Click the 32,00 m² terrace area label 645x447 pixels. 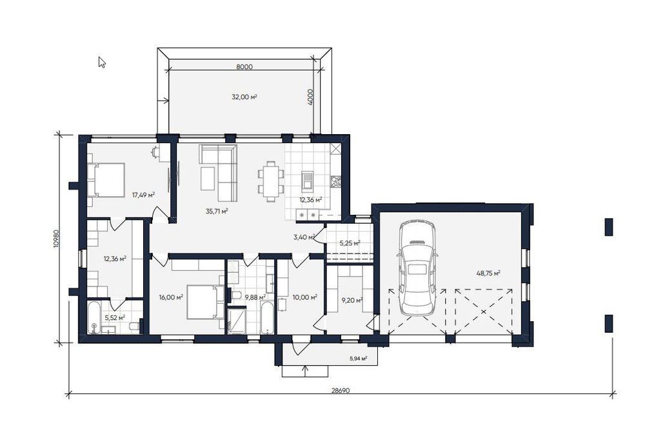point(244,97)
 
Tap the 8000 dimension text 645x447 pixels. point(244,66)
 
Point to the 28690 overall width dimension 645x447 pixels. point(340,391)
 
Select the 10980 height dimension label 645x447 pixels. point(57,238)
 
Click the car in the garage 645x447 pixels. point(417,268)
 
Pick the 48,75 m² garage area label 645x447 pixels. point(488,273)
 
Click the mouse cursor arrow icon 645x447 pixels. point(102,62)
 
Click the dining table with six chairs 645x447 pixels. point(271,181)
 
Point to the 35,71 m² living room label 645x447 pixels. point(217,212)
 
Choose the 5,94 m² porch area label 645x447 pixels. point(358,359)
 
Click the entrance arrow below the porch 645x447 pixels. point(306,370)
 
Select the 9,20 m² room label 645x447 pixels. point(352,301)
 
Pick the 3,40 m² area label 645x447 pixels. point(304,237)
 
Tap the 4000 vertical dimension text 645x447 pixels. point(311,97)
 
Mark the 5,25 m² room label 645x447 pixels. point(350,243)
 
